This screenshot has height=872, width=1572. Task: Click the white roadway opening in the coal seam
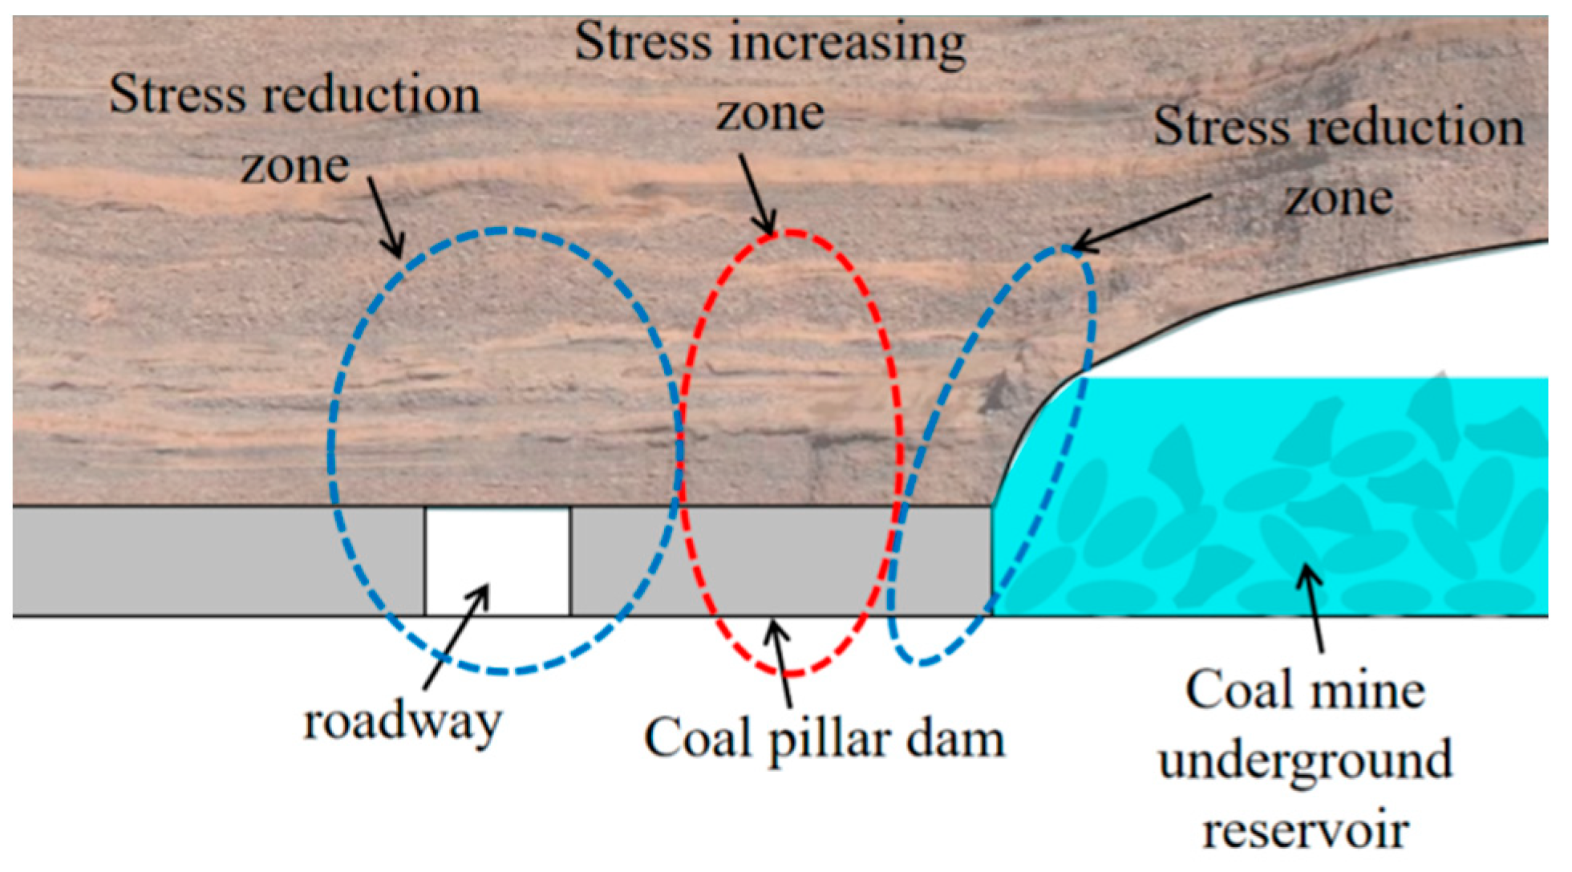click(x=497, y=560)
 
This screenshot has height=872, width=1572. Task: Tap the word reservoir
click(x=1305, y=831)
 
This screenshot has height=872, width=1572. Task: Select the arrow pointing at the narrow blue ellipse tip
click(x=1139, y=221)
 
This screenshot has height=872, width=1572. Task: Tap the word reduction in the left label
click(x=374, y=96)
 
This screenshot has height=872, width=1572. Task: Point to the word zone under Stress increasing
click(x=770, y=114)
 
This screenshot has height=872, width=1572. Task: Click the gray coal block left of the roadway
click(x=217, y=560)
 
